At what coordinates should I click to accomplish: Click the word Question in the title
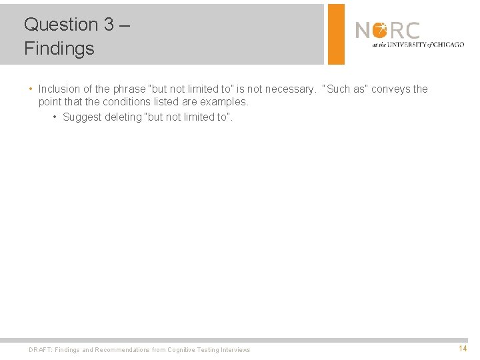click(61, 25)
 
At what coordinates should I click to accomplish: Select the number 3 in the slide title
click(109, 25)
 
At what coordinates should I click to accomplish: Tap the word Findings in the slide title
click(59, 49)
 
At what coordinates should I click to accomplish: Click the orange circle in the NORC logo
click(379, 31)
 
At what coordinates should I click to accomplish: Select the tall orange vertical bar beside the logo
click(336, 34)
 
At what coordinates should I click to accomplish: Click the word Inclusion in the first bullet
click(59, 89)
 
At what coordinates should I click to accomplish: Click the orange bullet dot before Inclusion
click(31, 89)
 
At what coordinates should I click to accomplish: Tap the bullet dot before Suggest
click(55, 117)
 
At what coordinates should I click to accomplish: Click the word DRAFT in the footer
click(40, 350)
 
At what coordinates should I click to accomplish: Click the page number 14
click(462, 349)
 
